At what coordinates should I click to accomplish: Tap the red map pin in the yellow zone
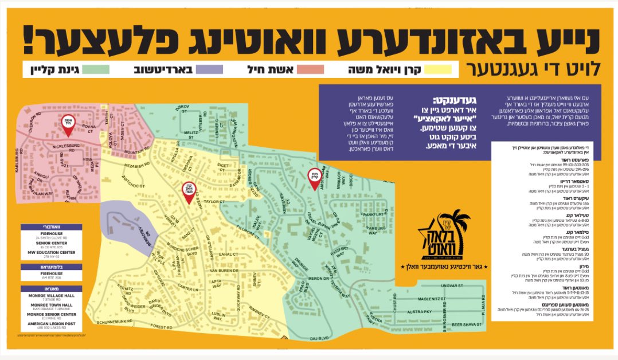tap(188, 191)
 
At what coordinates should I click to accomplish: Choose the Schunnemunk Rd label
tap(120, 323)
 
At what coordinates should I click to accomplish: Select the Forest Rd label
tap(162, 326)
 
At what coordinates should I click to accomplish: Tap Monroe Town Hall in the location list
tap(52, 305)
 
